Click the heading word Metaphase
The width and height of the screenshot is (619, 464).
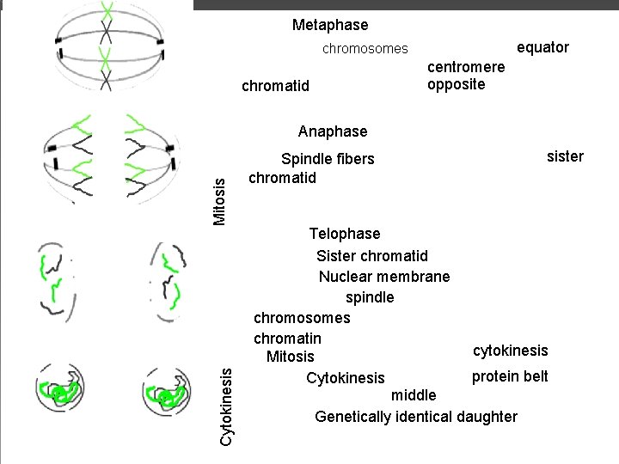tap(329, 25)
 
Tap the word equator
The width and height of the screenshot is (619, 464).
tap(542, 47)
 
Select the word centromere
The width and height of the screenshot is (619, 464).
tap(466, 67)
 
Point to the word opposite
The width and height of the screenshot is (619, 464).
tap(456, 84)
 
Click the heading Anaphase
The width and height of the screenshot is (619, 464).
tap(332, 131)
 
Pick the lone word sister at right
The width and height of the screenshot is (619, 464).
tap(565, 156)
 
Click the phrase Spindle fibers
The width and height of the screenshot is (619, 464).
tap(328, 159)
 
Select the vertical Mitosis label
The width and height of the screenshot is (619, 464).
tap(219, 200)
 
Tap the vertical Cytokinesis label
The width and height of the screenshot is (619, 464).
tap(225, 406)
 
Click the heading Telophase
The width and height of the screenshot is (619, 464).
tap(344, 234)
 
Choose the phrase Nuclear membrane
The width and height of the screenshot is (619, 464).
tap(383, 277)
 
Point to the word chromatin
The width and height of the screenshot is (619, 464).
tap(287, 339)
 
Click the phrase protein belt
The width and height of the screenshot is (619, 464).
tap(509, 376)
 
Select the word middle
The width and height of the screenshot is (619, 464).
tap(414, 395)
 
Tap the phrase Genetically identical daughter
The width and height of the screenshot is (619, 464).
tap(416, 417)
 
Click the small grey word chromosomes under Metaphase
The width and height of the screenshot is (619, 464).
tap(365, 49)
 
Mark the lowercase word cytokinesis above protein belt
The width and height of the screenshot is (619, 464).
tap(510, 351)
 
